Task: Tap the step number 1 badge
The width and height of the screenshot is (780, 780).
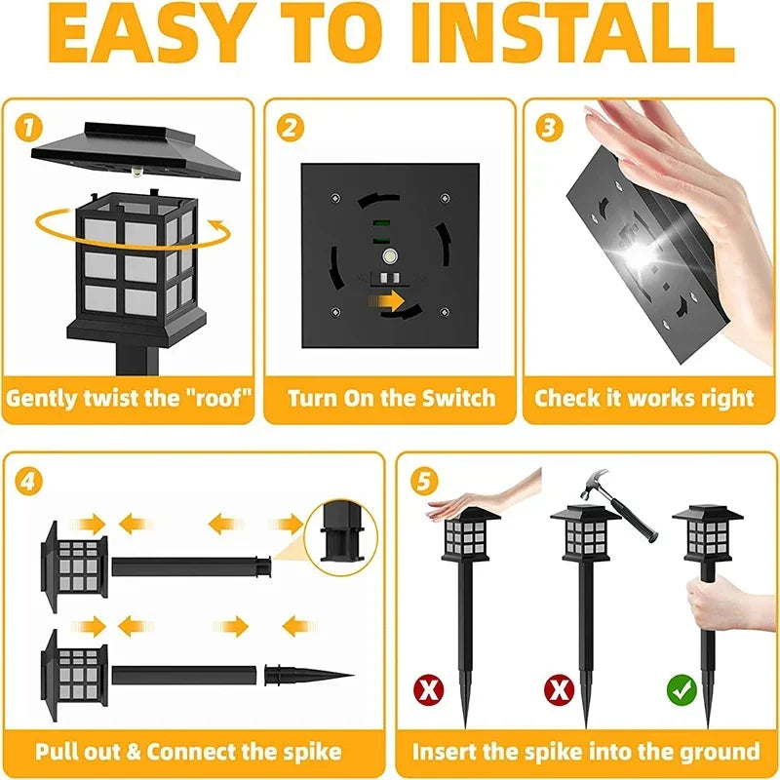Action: pos(29,127)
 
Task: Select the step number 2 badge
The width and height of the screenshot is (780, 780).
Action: pos(290,127)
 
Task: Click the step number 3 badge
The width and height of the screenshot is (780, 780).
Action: pos(549,127)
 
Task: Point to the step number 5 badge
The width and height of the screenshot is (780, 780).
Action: pos(422,481)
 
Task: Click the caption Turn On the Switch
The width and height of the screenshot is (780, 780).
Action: pos(391,398)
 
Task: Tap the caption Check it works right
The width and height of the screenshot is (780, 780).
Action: pos(644,398)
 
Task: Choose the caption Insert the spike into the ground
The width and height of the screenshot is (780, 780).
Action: pos(585,751)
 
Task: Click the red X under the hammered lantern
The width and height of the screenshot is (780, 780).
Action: pos(558,691)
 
